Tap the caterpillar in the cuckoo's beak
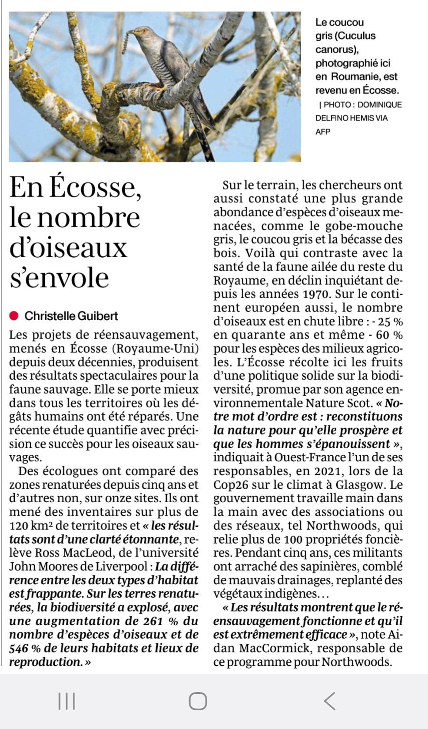[125, 43]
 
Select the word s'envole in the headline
[59, 278]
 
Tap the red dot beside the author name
[14, 316]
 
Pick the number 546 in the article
[19, 648]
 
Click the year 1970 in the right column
[315, 294]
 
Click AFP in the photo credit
[323, 132]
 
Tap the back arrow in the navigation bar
[330, 701]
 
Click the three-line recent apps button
[66, 701]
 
